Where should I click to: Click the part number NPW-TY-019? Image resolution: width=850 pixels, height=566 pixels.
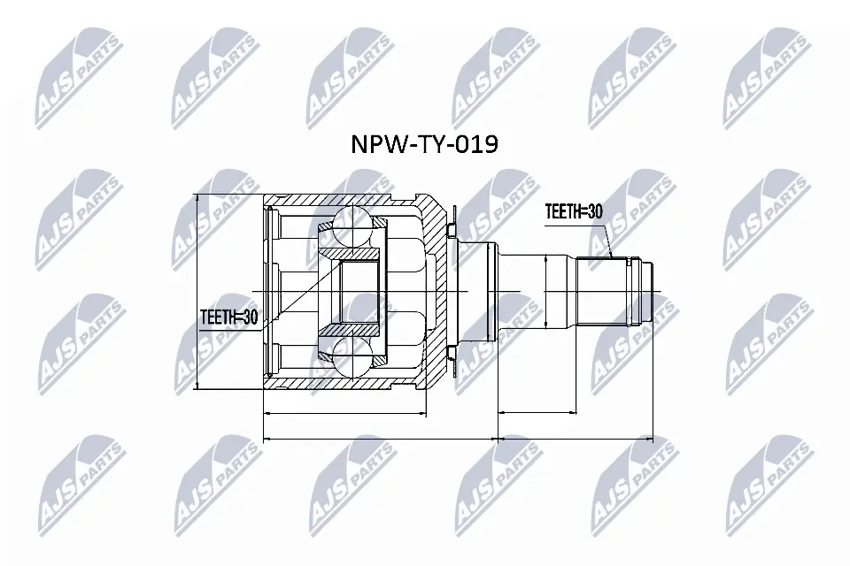425,144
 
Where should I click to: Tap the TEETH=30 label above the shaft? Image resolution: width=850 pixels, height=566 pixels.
574,212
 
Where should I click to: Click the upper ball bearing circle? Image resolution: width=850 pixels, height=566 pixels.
354,225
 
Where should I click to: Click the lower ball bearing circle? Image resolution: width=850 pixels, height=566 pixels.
354,357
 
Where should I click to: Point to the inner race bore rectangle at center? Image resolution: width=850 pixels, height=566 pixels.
359,291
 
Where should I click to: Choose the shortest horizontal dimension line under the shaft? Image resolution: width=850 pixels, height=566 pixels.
537,412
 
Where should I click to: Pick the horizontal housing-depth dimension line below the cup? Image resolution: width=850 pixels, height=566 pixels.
345,412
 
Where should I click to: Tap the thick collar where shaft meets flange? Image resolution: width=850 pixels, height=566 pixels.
478,291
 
